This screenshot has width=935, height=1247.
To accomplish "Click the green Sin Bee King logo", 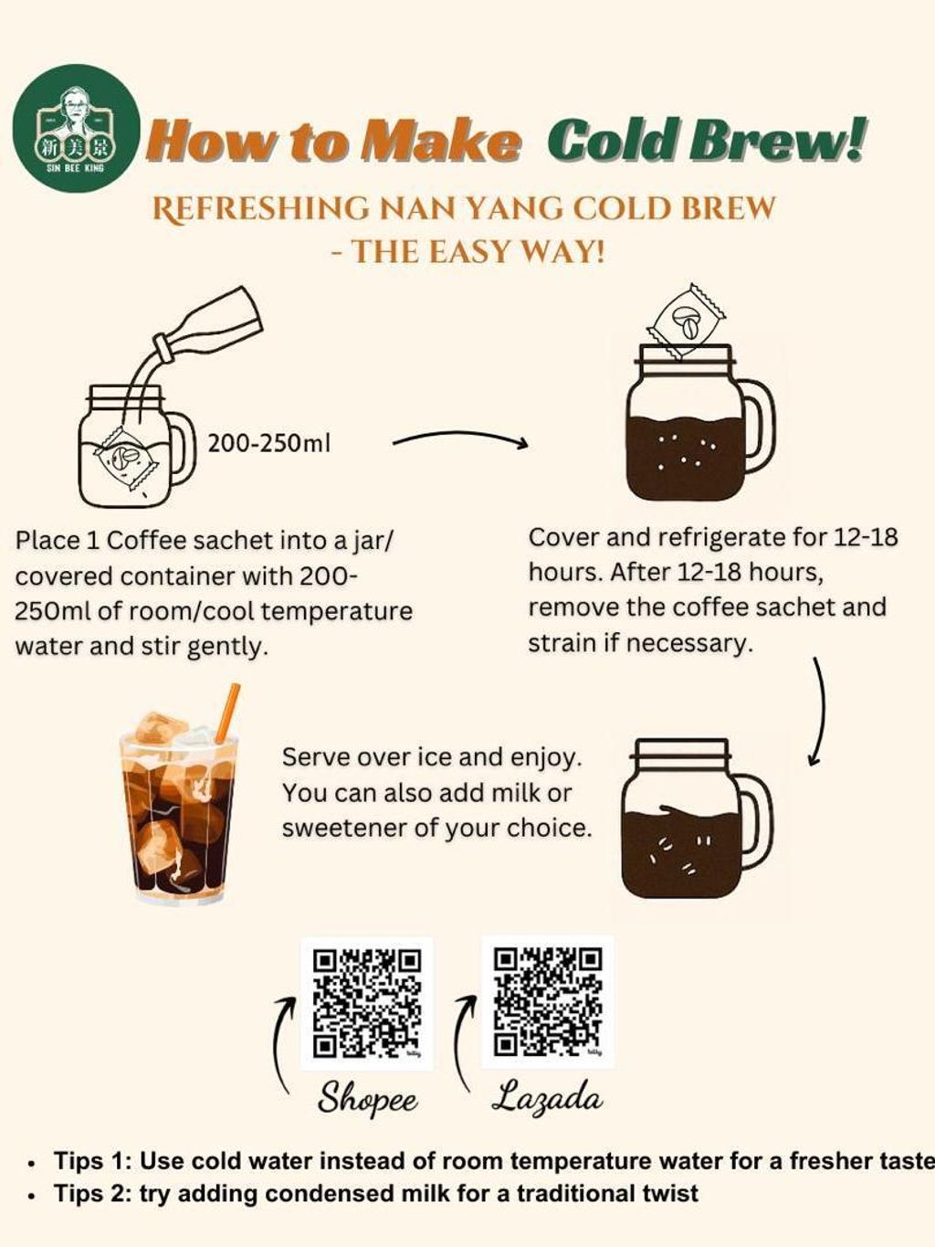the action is [x=76, y=129].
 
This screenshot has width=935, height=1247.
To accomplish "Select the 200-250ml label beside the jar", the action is [x=268, y=444].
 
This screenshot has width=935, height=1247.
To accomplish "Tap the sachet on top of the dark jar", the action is [x=686, y=322].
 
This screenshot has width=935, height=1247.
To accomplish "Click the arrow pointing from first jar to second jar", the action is [x=460, y=438].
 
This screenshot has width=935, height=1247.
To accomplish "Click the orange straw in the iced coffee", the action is [x=228, y=712].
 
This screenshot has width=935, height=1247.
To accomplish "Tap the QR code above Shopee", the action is [x=367, y=1003].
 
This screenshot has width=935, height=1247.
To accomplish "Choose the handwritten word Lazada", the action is [x=545, y=1096].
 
